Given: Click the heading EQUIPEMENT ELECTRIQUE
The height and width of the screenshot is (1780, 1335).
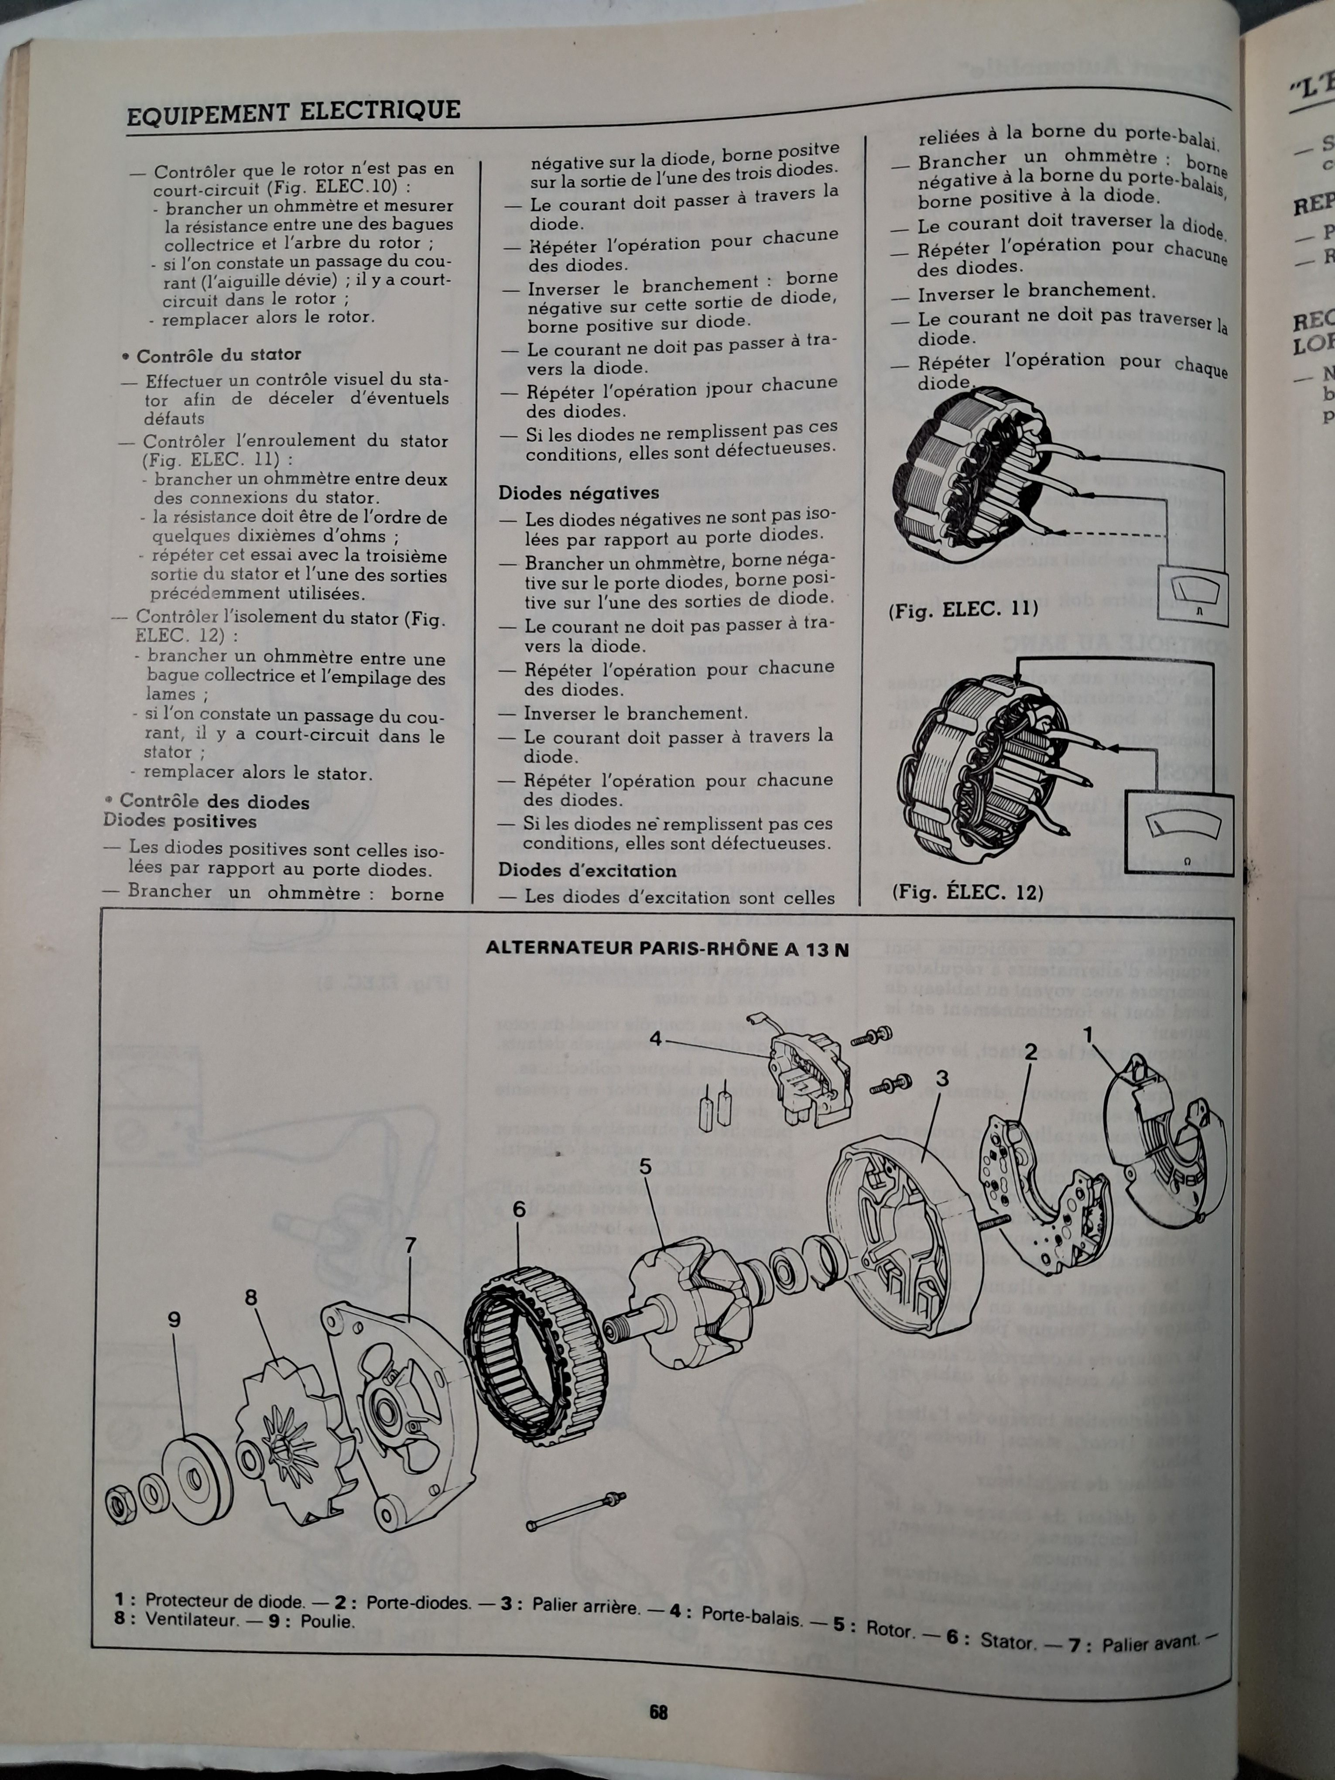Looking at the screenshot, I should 294,111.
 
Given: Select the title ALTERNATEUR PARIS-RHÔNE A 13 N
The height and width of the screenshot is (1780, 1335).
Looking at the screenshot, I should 667,949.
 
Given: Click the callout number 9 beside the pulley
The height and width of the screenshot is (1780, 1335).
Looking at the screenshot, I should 174,1320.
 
